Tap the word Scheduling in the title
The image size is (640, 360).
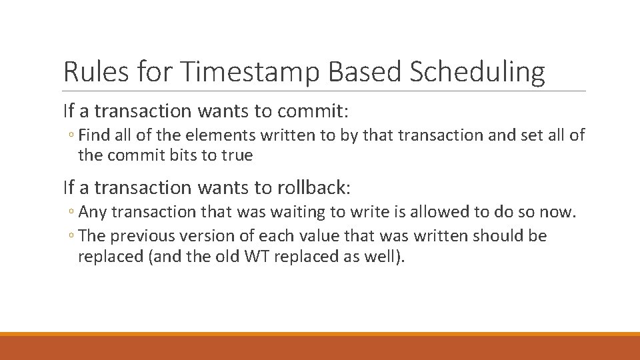click(477, 72)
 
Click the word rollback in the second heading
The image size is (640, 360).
click(311, 187)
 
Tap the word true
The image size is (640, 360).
click(238, 155)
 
